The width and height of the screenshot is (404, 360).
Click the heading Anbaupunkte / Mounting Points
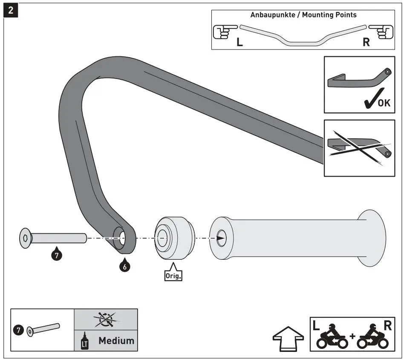click(303, 15)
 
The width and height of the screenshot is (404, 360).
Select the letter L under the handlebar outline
click(240, 43)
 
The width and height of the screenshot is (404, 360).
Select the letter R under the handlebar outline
click(366, 43)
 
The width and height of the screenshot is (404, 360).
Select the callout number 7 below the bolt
click(56, 255)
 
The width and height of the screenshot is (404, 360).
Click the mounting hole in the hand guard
click(121, 238)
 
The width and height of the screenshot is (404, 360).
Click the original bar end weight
click(173, 238)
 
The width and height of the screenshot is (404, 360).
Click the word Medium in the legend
click(116, 340)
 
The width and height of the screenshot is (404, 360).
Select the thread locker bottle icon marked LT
click(84, 342)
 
